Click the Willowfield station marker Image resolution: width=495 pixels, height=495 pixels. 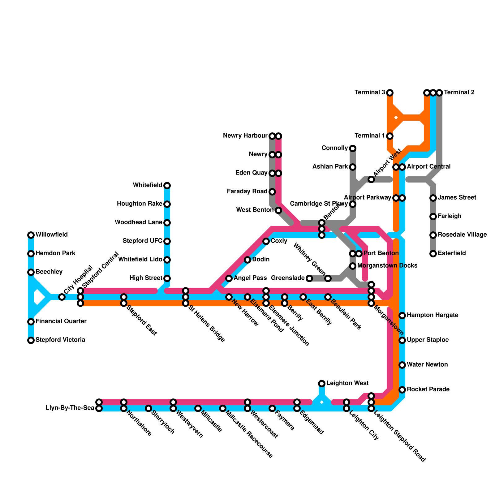click(31, 235)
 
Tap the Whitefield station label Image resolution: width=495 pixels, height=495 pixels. click(148, 185)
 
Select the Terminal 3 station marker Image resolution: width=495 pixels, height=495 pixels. click(390, 93)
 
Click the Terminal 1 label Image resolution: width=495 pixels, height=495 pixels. click(370, 136)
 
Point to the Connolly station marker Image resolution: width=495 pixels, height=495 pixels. click(353, 148)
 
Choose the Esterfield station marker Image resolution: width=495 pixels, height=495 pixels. click(433, 254)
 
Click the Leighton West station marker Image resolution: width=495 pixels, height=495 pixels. click(322, 384)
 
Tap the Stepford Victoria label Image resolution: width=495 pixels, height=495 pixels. click(60, 340)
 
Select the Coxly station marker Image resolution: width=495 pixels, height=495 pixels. click(266, 241)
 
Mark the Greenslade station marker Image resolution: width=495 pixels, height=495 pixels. click(309, 278)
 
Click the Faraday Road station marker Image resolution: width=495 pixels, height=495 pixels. click(272, 192)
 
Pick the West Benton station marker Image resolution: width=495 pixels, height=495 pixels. click(278, 210)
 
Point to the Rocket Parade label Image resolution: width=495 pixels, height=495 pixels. click(428, 390)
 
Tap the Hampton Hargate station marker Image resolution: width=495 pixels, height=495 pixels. click(402, 316)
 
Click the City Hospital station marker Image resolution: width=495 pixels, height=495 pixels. click(62, 297)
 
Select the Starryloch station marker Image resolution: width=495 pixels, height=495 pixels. click(148, 408)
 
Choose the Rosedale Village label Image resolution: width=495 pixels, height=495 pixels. click(462, 235)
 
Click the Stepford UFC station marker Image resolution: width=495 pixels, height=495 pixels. click(167, 241)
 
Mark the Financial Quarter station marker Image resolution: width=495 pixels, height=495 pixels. click(31, 322)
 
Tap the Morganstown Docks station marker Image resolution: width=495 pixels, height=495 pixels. click(353, 266)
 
